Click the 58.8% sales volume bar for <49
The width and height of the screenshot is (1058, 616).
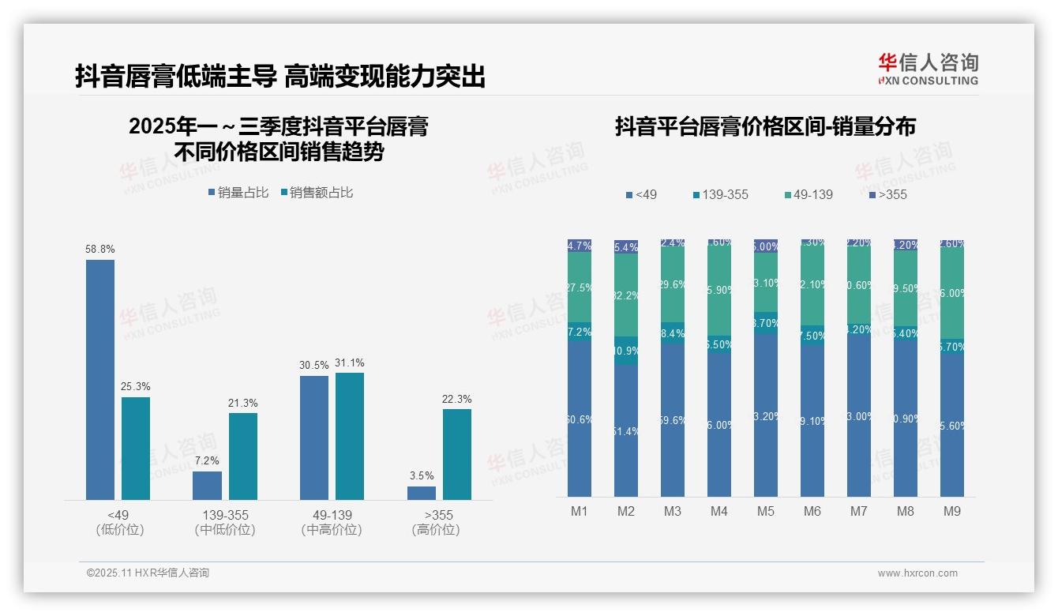point(100,379)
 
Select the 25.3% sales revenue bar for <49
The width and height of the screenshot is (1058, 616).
point(136,448)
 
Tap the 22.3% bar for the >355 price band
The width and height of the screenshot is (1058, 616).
point(457,454)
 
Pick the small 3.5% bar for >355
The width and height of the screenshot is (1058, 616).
point(422,493)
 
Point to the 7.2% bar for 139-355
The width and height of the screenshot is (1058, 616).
point(207,485)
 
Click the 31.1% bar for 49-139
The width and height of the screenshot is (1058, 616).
point(350,436)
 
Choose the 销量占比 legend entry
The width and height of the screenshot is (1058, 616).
point(238,193)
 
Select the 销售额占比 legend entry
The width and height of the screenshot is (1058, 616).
point(316,193)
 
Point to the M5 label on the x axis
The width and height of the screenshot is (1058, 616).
point(766,511)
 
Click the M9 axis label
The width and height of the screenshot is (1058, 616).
point(952,511)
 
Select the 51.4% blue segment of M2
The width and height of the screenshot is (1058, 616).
point(626,430)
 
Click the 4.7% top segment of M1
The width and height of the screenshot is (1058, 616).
point(580,246)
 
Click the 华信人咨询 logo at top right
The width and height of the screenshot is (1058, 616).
point(928,69)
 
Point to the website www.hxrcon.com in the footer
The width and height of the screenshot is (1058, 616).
point(917,573)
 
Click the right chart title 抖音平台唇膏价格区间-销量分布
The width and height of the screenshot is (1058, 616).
point(765,127)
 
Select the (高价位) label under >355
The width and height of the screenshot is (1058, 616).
point(435,530)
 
